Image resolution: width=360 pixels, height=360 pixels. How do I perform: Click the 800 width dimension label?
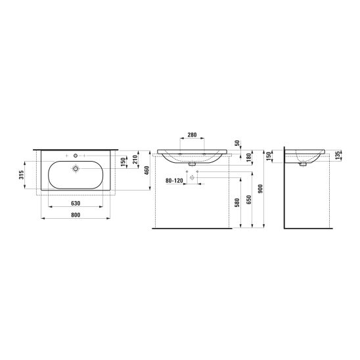point(76,215)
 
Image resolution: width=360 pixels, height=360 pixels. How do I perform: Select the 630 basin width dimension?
point(76,204)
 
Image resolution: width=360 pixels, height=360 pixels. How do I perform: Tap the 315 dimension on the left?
point(22,175)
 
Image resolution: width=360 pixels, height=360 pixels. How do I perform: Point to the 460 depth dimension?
point(147,170)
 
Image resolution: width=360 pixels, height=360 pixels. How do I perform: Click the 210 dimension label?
point(135,160)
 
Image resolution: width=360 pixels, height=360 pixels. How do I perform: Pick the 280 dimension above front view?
point(192,135)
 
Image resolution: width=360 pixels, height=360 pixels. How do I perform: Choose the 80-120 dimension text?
point(174,181)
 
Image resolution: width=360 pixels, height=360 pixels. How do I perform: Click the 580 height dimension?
point(237,202)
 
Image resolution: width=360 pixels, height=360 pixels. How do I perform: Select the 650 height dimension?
point(249,200)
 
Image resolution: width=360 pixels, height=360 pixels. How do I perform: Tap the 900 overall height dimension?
point(260,189)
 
